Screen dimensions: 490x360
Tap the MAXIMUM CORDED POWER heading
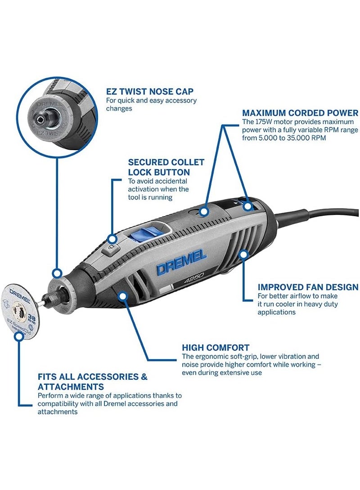tap(300, 113)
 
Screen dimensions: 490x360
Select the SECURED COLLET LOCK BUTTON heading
tap(166, 167)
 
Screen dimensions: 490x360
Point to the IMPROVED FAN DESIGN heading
tap(308, 287)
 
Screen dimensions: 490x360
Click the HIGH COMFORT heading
tap(216, 347)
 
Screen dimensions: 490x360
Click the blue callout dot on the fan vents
tap(244, 255)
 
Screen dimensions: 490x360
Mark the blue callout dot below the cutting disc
tap(18, 336)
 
